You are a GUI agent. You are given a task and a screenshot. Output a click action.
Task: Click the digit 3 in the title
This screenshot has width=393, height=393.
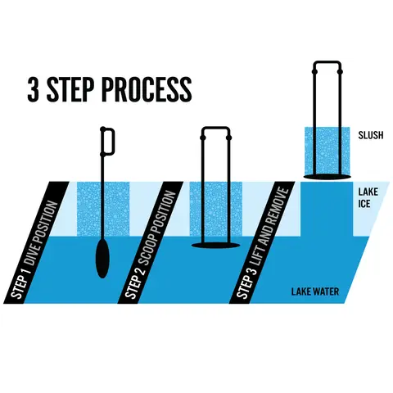click(x=32, y=89)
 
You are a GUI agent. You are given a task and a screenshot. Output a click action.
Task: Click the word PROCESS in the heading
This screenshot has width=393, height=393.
click(x=147, y=89)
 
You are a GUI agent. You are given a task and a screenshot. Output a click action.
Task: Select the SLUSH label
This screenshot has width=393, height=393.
click(x=371, y=135)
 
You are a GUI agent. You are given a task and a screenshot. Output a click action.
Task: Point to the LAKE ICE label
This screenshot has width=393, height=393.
click(x=368, y=197)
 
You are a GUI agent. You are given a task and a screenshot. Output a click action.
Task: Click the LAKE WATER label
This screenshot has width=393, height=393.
click(x=315, y=291)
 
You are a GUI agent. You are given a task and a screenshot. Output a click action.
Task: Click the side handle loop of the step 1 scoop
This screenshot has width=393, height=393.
click(x=108, y=141)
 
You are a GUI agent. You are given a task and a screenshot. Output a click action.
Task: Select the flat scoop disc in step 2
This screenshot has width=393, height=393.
click(x=215, y=245)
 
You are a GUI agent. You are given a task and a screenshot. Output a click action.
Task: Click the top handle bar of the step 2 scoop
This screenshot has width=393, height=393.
click(x=215, y=129)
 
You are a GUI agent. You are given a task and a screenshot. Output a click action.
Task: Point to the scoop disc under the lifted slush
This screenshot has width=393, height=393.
click(x=327, y=177)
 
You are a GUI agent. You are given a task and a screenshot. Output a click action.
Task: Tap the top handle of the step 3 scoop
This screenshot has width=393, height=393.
click(x=327, y=63)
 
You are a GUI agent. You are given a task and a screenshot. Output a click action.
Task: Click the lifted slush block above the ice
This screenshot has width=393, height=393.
click(x=327, y=151)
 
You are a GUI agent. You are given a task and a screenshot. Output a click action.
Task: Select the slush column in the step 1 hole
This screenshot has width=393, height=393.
click(x=103, y=209)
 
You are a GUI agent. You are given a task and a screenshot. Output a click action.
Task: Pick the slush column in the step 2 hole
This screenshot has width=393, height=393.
click(x=215, y=209)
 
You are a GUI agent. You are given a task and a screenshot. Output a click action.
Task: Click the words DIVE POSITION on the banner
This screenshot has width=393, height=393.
click(x=42, y=233)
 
